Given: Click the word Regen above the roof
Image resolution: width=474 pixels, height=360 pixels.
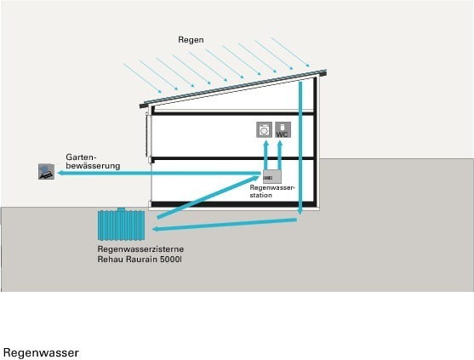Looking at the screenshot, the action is pyautogui.click(x=191, y=40).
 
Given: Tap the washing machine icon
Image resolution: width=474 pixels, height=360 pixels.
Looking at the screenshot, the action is pyautogui.click(x=264, y=129).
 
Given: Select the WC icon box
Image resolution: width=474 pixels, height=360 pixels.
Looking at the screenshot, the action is pyautogui.click(x=283, y=129).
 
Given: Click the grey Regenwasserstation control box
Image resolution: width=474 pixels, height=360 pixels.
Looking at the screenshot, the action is pyautogui.click(x=272, y=176).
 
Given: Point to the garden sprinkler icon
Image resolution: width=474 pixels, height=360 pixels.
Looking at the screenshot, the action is pyautogui.click(x=46, y=172).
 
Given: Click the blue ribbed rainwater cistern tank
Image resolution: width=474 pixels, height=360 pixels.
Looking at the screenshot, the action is pyautogui.click(x=121, y=226).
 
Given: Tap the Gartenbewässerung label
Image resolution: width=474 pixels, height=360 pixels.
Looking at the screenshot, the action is pyautogui.click(x=93, y=162).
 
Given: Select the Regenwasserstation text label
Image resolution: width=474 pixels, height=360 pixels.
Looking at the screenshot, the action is pyautogui.click(x=272, y=191).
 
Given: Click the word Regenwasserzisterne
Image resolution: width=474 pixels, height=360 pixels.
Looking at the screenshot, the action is pyautogui.click(x=140, y=249).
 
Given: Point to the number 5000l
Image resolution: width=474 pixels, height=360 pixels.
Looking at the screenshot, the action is pyautogui.click(x=171, y=260).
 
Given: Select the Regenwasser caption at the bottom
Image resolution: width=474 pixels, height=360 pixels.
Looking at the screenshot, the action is pyautogui.click(x=41, y=352).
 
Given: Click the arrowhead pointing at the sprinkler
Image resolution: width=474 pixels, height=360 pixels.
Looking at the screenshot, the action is pyautogui.click(x=60, y=173).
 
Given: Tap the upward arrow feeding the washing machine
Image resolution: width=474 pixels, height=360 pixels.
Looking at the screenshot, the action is pyautogui.click(x=266, y=155).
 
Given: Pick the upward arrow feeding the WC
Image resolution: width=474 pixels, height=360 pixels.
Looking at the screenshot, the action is pyautogui.click(x=280, y=155).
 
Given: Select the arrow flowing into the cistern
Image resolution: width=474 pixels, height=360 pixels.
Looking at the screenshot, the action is pyautogui.click(x=224, y=225).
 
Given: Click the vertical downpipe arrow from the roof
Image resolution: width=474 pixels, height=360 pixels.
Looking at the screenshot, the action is pyautogui.click(x=300, y=148).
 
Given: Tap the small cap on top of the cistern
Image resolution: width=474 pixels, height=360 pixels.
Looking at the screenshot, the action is pyautogui.click(x=121, y=209).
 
